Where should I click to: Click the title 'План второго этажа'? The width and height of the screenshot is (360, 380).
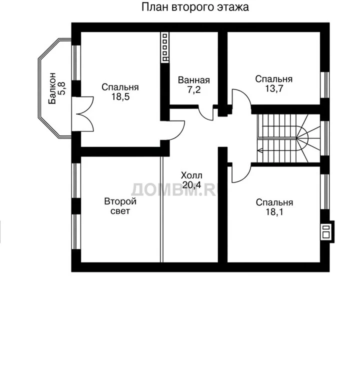pyautogui.click(x=195, y=7)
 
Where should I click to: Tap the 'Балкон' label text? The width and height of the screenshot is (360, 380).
pyautogui.click(x=52, y=88)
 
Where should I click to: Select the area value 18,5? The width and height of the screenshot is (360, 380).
pyautogui.click(x=120, y=96)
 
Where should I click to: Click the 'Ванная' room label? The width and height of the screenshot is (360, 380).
pyautogui.click(x=193, y=80)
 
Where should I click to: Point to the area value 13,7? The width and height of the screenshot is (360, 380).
pyautogui.click(x=274, y=88)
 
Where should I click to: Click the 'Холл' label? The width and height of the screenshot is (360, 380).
pyautogui.click(x=191, y=175)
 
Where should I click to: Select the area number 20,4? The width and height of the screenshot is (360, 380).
pyautogui.click(x=191, y=185)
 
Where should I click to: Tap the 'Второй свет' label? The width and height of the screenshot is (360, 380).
pyautogui.click(x=120, y=206)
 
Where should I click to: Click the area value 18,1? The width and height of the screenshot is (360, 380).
pyautogui.click(x=274, y=212)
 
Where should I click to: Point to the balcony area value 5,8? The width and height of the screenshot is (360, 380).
pyautogui.click(x=62, y=88)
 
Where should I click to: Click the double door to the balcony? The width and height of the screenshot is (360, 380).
pyautogui.click(x=82, y=114)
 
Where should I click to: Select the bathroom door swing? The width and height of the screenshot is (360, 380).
pyautogui.click(x=205, y=112)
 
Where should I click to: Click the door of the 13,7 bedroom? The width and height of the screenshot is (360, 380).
pyautogui.click(x=241, y=99)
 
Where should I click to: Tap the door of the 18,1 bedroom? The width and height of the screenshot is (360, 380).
pyautogui.click(x=241, y=172)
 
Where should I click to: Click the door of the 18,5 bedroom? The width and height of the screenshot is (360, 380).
pyautogui.click(x=176, y=130)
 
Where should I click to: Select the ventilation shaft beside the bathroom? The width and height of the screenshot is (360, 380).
pyautogui.click(x=164, y=47)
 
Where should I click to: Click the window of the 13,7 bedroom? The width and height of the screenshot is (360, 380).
pyautogui.click(x=325, y=85)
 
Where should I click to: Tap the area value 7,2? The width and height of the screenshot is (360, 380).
pyautogui.click(x=193, y=90)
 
